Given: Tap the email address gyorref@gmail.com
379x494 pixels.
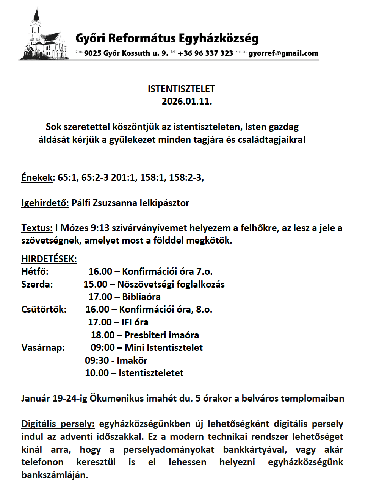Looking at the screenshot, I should click(x=283, y=53).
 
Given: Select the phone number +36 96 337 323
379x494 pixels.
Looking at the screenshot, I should click(x=205, y=53).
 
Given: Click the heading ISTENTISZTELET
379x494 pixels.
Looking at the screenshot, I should click(x=181, y=89).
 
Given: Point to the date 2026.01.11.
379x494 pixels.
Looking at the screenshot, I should click(x=187, y=102).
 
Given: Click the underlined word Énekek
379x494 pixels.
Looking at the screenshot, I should click(x=37, y=177).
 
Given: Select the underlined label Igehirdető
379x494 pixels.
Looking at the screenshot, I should click(x=45, y=203).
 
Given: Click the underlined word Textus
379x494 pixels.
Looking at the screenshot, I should click(x=36, y=228).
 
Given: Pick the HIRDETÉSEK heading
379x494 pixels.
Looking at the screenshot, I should click(x=49, y=259).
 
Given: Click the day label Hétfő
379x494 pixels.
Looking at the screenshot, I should click(x=35, y=272).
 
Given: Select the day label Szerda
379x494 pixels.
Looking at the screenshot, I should click(x=37, y=285).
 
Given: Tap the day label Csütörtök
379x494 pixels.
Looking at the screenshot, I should click(x=44, y=310).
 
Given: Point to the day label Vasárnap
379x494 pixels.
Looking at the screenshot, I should click(x=43, y=348).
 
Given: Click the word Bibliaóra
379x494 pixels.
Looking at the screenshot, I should click(x=141, y=297).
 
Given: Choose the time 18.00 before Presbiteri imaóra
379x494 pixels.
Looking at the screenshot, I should click(x=103, y=335).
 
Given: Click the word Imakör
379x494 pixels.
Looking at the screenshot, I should click(x=132, y=361).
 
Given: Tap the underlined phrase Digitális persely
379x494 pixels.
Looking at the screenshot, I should click(x=58, y=424).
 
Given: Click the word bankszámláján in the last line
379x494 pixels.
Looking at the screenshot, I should click(x=55, y=475).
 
